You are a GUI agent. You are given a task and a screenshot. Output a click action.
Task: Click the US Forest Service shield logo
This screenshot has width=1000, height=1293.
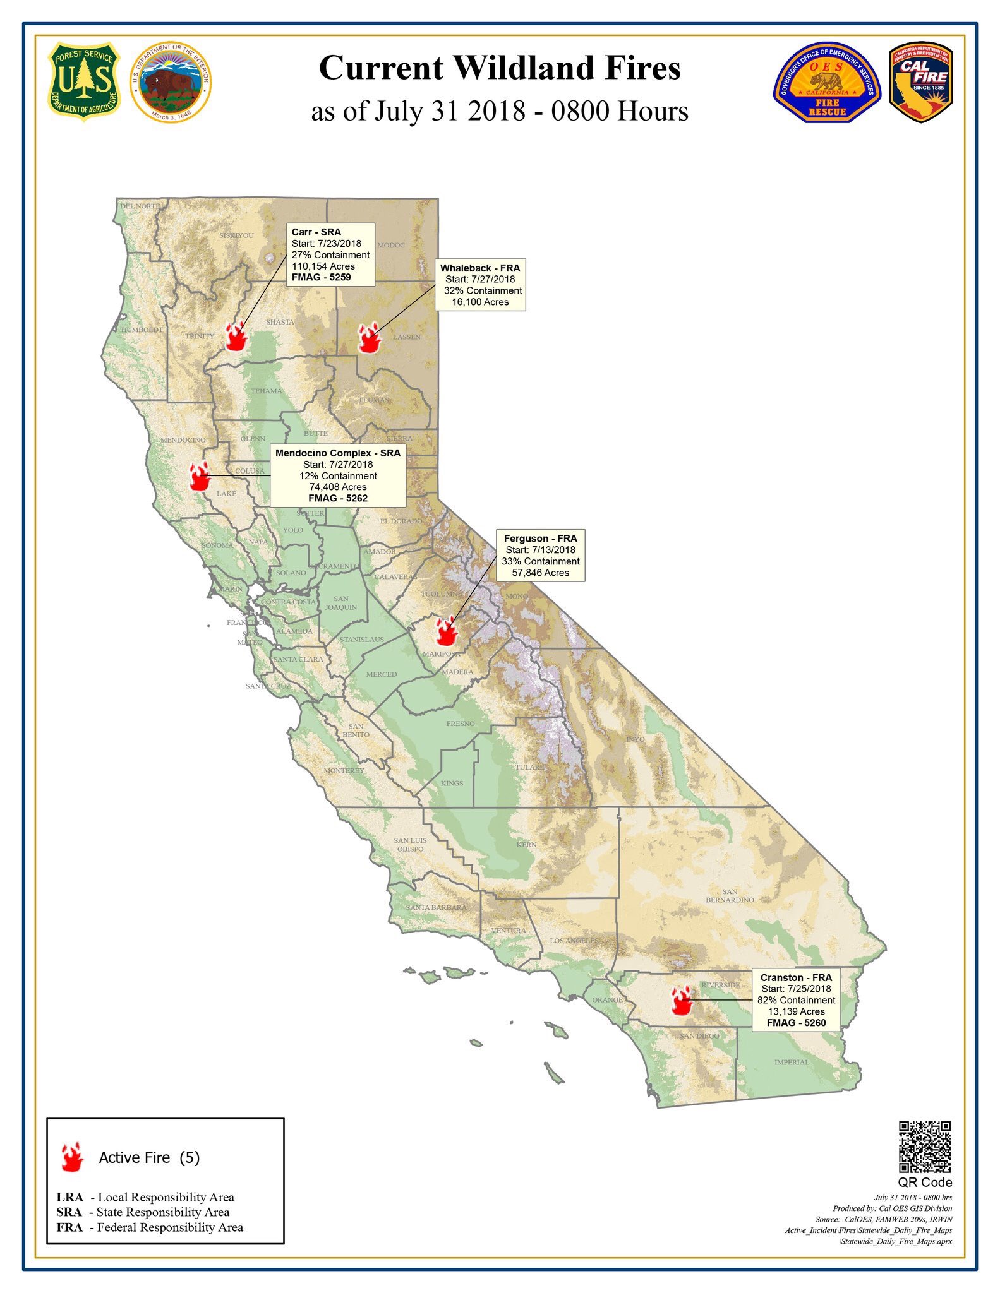pyautogui.click(x=84, y=82)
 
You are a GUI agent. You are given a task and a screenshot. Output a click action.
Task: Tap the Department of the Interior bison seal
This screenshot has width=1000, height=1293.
pyautogui.click(x=171, y=83)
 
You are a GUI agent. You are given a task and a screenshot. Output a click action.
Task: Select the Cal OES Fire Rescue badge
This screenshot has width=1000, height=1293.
pyautogui.click(x=827, y=83)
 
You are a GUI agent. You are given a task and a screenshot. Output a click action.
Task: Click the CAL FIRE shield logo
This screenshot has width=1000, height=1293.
pyautogui.click(x=920, y=83)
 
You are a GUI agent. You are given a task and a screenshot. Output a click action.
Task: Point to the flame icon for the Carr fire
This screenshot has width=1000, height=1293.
pyautogui.click(x=236, y=337)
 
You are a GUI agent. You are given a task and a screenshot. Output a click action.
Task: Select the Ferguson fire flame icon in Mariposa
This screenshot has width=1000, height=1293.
pyautogui.click(x=446, y=631)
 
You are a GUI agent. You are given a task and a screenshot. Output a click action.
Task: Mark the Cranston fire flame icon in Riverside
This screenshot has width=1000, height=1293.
pyautogui.click(x=682, y=1001)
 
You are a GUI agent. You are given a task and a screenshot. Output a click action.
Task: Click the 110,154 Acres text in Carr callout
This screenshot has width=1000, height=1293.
pyautogui.click(x=323, y=266)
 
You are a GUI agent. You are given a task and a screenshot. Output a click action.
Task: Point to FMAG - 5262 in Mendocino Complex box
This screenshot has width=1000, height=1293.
pyautogui.click(x=338, y=498)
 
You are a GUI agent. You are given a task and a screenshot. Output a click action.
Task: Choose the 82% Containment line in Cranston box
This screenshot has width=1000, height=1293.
pyautogui.click(x=796, y=1000)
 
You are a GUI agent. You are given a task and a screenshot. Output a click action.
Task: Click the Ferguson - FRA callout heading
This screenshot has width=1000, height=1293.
pyautogui.click(x=540, y=539)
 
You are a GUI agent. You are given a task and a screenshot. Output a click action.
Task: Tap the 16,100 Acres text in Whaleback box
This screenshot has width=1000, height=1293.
pyautogui.click(x=480, y=302)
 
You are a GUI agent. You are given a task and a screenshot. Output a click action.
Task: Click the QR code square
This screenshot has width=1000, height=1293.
pyautogui.click(x=925, y=1147)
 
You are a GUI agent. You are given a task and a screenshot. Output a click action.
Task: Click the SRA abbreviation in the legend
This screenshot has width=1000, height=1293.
pyautogui.click(x=69, y=1212)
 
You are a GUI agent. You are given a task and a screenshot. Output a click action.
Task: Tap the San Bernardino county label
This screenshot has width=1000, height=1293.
pyautogui.click(x=730, y=895)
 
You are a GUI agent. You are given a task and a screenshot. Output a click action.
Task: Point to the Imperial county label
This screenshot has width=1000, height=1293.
pyautogui.click(x=792, y=1062)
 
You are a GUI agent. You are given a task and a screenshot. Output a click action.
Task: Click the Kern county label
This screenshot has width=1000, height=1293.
pyautogui.click(x=526, y=844)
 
